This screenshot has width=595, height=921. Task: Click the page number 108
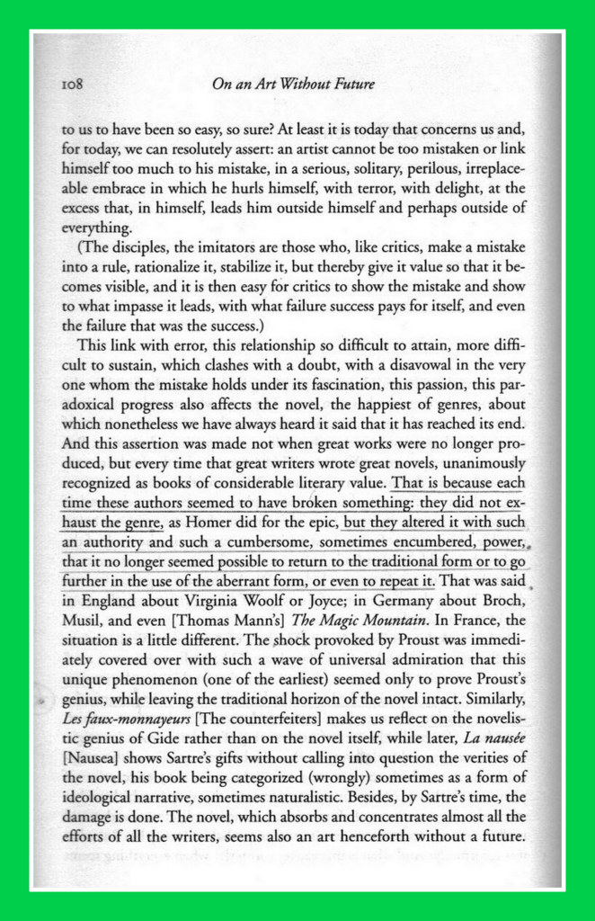(69, 85)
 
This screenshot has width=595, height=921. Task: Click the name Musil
(76, 621)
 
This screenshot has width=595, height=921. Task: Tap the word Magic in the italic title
(323, 621)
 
